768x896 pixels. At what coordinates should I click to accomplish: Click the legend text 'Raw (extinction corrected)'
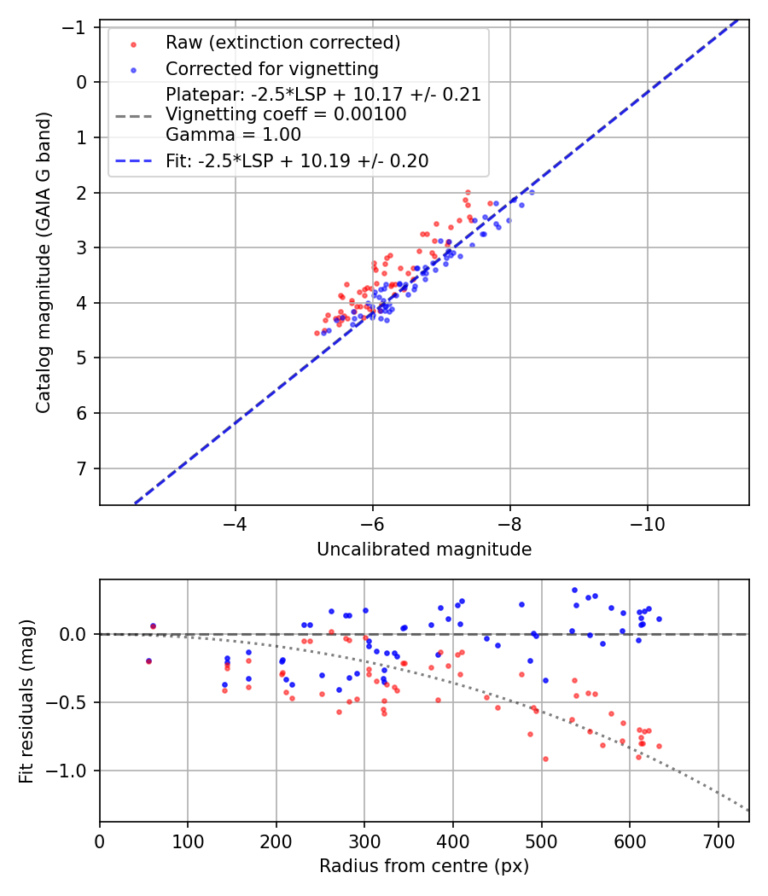tap(282, 43)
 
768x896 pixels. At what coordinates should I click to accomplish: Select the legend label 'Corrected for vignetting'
tap(272, 68)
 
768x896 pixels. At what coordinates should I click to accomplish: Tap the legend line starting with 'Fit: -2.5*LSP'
tap(297, 160)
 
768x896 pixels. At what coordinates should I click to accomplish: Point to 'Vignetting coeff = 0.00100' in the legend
tap(286, 114)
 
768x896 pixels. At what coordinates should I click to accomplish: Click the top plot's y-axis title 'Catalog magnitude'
tap(44, 262)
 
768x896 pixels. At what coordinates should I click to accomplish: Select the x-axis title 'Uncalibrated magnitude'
tap(424, 550)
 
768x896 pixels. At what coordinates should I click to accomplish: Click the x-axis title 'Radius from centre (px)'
tap(424, 866)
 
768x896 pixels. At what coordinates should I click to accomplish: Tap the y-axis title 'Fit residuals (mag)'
tap(26, 701)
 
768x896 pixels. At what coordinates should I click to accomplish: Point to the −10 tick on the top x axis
tap(647, 521)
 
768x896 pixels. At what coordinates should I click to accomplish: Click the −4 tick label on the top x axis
tap(236, 521)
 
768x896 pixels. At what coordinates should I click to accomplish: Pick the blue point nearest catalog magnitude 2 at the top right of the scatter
tap(531, 193)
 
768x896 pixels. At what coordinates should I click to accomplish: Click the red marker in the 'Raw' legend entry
tap(132, 43)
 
